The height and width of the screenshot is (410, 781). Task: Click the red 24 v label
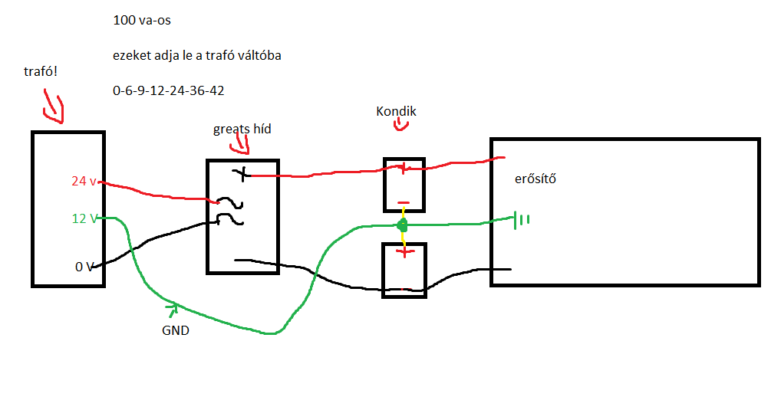(84, 182)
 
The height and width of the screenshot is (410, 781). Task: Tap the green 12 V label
(84, 218)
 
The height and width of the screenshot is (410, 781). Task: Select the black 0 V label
(84, 267)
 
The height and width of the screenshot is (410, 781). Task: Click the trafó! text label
(41, 71)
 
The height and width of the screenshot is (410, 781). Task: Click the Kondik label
(396, 111)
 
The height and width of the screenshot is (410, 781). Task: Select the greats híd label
(242, 129)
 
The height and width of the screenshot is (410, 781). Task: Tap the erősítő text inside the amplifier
(535, 179)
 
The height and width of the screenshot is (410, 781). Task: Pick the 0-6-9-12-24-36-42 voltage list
(168, 90)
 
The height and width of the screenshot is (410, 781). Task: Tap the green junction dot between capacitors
(401, 225)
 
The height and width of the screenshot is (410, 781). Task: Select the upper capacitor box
(404, 185)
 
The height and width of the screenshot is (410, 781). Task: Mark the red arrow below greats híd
(242, 143)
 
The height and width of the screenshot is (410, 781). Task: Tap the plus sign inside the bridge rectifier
(244, 174)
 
